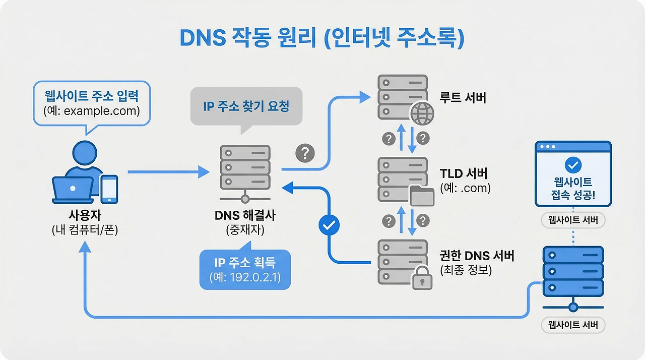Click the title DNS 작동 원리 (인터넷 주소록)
click(x=322, y=39)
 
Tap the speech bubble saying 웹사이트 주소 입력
click(x=91, y=103)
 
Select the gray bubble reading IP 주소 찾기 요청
click(x=246, y=106)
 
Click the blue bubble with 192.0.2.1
click(x=245, y=270)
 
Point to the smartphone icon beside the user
click(x=109, y=189)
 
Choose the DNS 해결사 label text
click(x=245, y=216)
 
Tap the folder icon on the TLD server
click(x=422, y=196)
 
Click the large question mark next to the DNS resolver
click(x=304, y=153)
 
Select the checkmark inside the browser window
click(x=573, y=164)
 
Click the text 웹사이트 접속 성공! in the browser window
click(x=573, y=189)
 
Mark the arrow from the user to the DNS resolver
click(x=168, y=172)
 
